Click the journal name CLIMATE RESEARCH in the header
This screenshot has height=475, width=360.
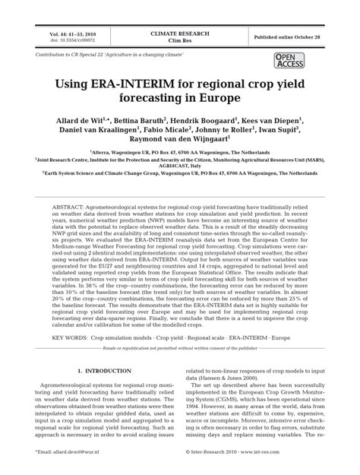click(x=179, y=33)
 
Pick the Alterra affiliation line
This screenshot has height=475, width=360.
click(x=179, y=153)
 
